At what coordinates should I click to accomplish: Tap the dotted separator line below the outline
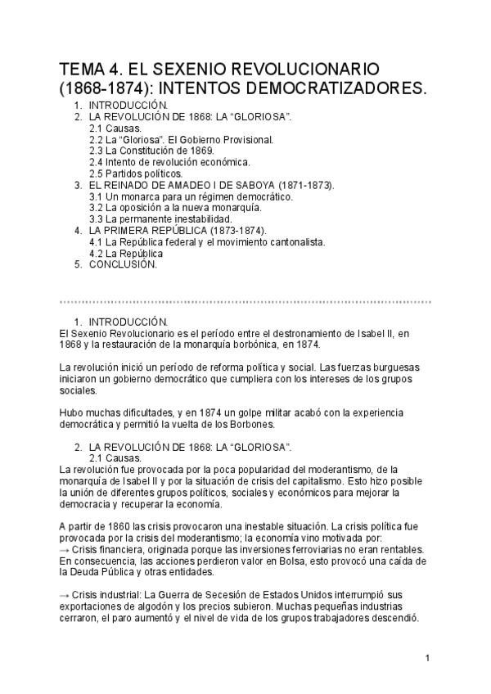tap(245, 301)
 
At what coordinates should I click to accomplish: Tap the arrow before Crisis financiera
tap(65, 548)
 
